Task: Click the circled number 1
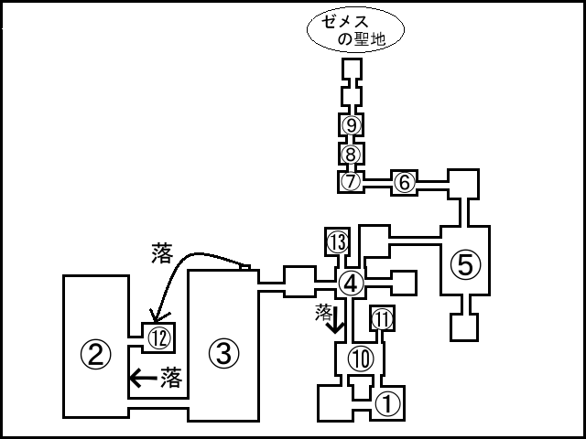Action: [x=388, y=400]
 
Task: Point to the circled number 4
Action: [x=350, y=281]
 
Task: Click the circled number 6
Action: [x=405, y=182]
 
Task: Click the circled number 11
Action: [x=382, y=318]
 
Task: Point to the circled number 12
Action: [x=159, y=337]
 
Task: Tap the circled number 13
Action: [x=338, y=241]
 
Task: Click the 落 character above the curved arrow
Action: [x=161, y=252]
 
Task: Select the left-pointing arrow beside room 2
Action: [x=141, y=376]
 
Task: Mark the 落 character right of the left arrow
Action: [x=171, y=375]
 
